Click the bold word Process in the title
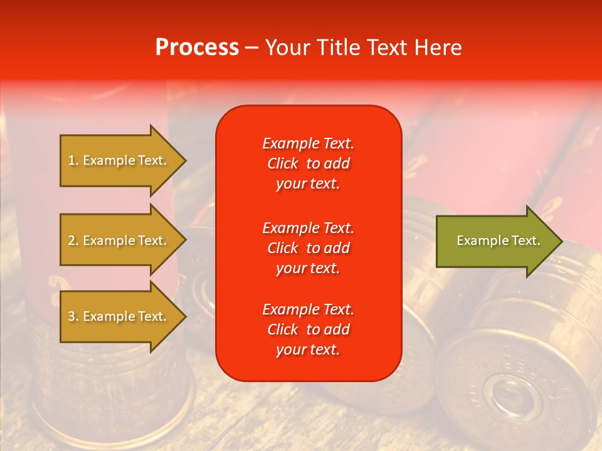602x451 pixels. (197, 48)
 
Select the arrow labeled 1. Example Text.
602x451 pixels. (119, 160)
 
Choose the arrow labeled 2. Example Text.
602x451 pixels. (119, 241)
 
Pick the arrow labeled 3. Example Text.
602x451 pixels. (119, 316)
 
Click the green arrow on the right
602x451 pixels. (495, 241)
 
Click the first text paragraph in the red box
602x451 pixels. (308, 163)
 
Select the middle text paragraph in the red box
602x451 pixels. (308, 248)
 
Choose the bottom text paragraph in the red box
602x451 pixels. (308, 329)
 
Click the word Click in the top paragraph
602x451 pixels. (283, 163)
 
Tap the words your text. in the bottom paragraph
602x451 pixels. (308, 350)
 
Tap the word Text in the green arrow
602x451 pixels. (525, 241)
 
